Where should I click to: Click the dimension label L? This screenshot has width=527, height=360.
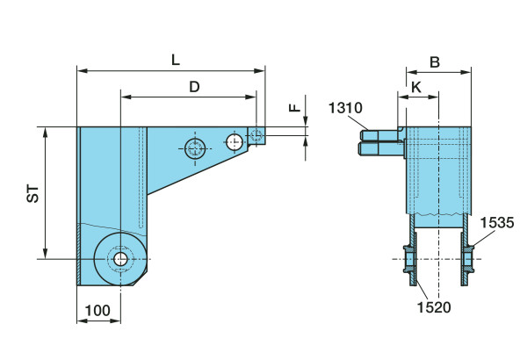pyautogui.click(x=176, y=59)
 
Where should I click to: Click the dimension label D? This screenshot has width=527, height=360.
pyautogui.click(x=194, y=86)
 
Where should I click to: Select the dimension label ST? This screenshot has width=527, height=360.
pyautogui.click(x=32, y=193)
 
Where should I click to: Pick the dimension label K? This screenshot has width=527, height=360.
pyautogui.click(x=415, y=88)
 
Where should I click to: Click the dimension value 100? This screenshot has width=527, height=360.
pyautogui.click(x=97, y=311)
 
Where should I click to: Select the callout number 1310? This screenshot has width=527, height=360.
pyautogui.click(x=345, y=108)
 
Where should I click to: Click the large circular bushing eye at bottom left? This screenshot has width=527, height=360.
pyautogui.click(x=119, y=259)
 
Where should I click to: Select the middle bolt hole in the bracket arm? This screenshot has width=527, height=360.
pyautogui.click(x=234, y=141)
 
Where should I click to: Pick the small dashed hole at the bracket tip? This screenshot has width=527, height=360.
pyautogui.click(x=256, y=135)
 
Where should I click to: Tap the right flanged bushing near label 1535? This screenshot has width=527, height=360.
pyautogui.click(x=468, y=260)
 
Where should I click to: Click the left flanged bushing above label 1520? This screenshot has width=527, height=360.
pyautogui.click(x=410, y=260)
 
